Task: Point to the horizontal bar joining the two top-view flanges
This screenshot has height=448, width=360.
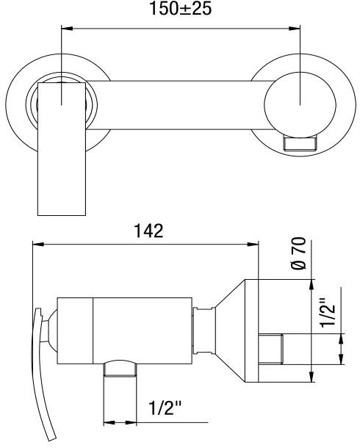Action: pos(176,100)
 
